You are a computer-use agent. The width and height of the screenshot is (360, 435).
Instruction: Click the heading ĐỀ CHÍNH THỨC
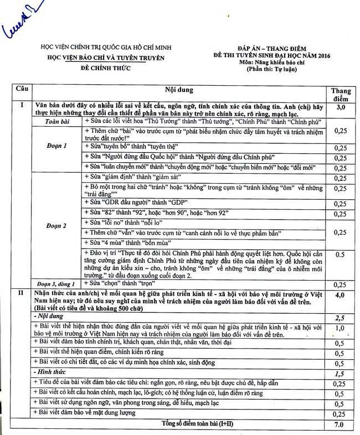[x=105, y=66]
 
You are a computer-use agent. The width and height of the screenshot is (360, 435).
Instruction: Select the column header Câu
[x=23, y=89]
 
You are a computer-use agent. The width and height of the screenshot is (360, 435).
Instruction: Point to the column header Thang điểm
[x=340, y=94]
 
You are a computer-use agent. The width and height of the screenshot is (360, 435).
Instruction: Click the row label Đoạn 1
[x=57, y=146]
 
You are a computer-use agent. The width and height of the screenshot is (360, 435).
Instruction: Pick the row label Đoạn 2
[x=57, y=226]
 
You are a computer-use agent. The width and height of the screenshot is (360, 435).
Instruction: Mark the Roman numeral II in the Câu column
[x=21, y=292]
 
